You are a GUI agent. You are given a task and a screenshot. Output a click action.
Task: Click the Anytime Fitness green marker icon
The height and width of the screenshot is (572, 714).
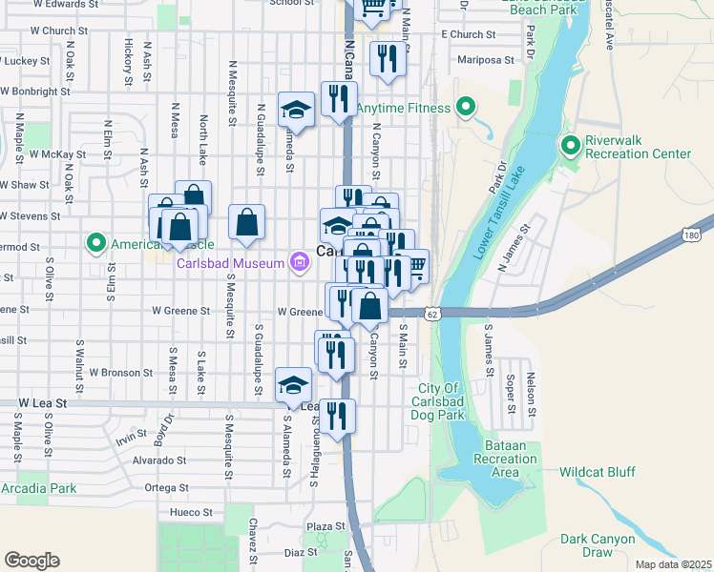[466, 107]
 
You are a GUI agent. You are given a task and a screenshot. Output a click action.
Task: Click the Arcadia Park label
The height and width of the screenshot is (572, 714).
[38, 489]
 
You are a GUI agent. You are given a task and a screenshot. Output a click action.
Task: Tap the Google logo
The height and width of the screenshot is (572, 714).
[31, 561]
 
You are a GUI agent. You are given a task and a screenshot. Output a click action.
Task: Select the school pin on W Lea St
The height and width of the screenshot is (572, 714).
[294, 385]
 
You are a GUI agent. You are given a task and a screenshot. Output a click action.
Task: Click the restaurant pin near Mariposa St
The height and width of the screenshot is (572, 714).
[388, 59]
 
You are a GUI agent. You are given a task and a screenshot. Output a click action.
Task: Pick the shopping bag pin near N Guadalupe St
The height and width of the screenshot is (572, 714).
[247, 222]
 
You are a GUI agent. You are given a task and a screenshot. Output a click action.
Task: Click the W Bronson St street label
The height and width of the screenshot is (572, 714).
[120, 373]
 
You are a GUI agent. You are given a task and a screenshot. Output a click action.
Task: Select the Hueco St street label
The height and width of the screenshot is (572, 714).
[192, 512]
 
